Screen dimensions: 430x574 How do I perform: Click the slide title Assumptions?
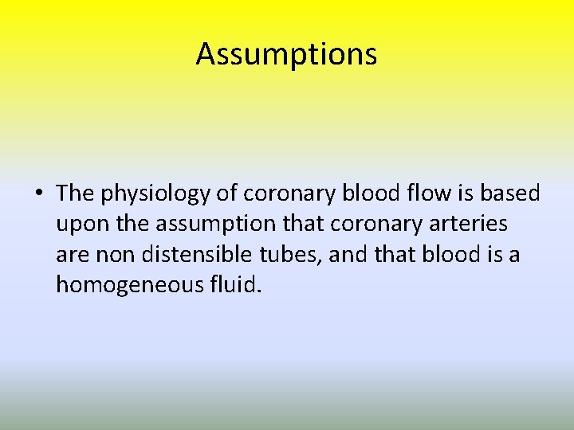(286, 55)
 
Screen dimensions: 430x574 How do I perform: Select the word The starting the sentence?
(76, 193)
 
